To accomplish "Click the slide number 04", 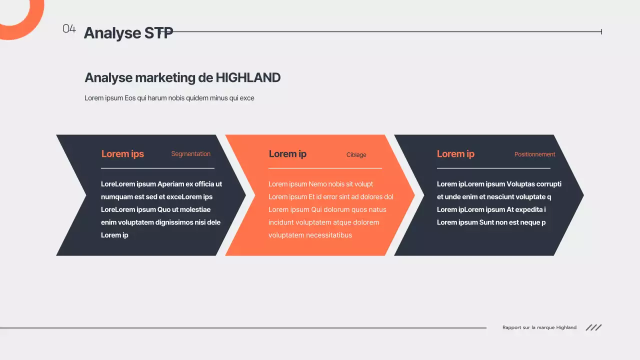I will [69, 29].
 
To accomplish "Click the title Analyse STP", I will [128, 32].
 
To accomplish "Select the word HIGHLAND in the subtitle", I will [248, 78].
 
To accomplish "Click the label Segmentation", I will [190, 154].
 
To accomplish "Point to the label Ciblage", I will [356, 155].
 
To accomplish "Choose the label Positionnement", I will [534, 154].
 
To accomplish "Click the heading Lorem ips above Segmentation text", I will [122, 154].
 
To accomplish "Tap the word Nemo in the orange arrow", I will [317, 184].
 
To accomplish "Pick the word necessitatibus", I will [329, 235].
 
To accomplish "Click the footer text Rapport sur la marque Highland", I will [539, 327].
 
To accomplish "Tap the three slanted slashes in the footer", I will [593, 327].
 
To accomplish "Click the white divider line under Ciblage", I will [325, 168].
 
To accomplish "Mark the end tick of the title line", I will [601, 32].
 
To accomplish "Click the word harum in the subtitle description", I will [157, 98].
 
